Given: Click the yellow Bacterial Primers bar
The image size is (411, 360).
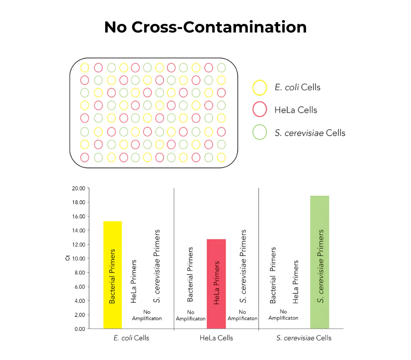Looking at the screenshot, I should click(x=112, y=275).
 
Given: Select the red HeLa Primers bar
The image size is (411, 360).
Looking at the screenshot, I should click(x=216, y=284).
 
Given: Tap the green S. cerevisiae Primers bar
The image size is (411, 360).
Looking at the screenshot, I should click(x=319, y=262).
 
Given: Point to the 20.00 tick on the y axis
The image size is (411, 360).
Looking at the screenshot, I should click(x=79, y=188).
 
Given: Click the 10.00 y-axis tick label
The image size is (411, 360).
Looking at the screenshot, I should click(x=79, y=259).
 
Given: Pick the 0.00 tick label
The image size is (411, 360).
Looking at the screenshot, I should click(x=80, y=329).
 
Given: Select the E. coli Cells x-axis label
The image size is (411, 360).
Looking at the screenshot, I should click(x=131, y=338).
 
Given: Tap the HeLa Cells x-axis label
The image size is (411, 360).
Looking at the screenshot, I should click(x=216, y=338).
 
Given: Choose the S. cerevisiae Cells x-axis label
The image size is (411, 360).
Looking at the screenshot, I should click(x=304, y=338).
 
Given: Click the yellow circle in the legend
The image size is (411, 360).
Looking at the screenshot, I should click(x=259, y=87).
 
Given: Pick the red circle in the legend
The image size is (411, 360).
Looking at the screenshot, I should click(x=259, y=110).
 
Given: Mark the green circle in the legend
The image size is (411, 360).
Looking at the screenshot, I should click(x=259, y=133).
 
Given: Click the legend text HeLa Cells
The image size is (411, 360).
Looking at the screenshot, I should click(x=296, y=110).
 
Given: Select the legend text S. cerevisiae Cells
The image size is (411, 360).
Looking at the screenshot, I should click(x=310, y=133).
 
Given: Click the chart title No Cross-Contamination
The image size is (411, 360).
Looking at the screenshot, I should click(x=205, y=27).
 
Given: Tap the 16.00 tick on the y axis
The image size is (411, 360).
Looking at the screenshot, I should click(x=79, y=216).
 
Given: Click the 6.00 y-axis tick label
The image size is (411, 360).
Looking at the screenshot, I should click(x=80, y=287).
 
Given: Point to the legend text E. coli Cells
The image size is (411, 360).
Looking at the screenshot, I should click(x=297, y=87).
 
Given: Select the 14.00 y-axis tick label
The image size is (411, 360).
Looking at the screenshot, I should click(x=79, y=230).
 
